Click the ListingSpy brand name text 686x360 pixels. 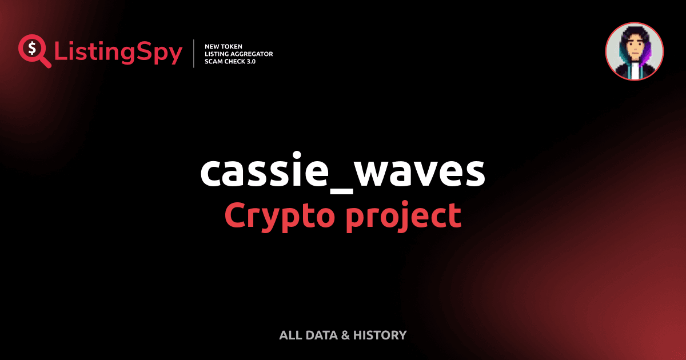tap(118, 53)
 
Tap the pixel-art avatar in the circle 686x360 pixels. tap(635, 51)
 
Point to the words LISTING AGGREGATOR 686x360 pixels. tap(238, 54)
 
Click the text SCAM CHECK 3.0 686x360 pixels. tap(230, 61)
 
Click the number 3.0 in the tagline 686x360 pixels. tap(250, 61)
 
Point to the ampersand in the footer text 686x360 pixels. tap(345, 335)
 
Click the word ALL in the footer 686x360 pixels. tap(290, 335)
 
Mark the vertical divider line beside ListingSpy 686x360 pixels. tap(194, 54)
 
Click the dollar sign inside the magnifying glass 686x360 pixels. tap(31, 47)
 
